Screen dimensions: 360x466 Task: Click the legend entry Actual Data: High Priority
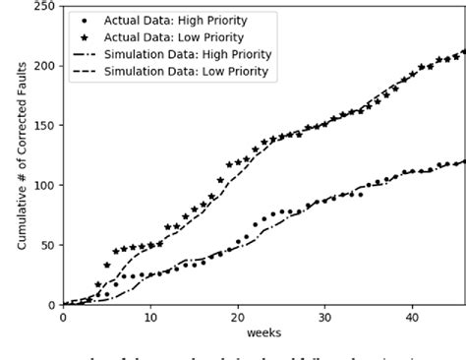point(191,19)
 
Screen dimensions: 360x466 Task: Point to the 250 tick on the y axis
point(45,6)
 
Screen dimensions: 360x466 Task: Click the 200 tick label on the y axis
point(45,66)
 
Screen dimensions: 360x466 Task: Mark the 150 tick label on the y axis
point(45,126)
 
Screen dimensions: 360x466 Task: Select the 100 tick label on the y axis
point(45,185)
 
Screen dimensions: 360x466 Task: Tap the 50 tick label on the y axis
point(48,245)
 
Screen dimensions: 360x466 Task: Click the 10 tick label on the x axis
point(149,317)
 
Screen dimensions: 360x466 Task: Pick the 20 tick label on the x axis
point(237,317)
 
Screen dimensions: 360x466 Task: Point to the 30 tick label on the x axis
point(324,317)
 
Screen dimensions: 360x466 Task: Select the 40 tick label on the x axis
point(412,317)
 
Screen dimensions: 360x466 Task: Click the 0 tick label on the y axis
point(52,304)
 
